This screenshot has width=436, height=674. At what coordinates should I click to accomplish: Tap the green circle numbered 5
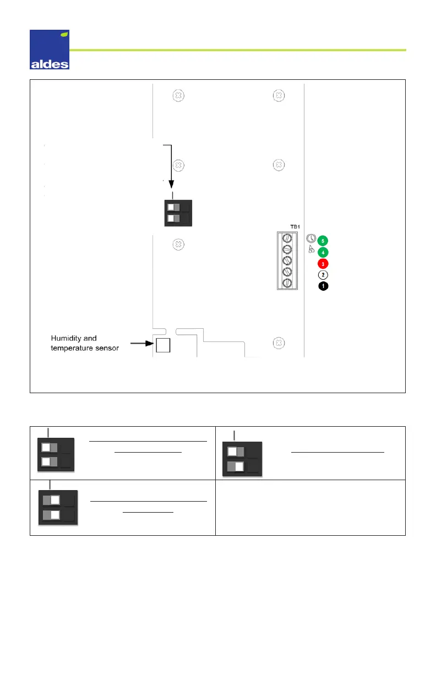click(323, 240)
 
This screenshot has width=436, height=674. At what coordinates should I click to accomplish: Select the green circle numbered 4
click(323, 252)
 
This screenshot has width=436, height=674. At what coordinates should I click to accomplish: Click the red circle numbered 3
click(323, 263)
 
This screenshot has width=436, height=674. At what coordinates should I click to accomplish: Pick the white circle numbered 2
click(323, 275)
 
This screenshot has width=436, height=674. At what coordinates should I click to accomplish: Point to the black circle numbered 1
click(323, 286)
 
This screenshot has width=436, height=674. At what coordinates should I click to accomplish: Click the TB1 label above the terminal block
click(286, 227)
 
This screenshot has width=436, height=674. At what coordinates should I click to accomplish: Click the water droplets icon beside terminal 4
click(311, 251)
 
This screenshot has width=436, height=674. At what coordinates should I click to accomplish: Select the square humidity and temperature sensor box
click(163, 345)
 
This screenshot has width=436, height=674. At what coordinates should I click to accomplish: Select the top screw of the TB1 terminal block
click(286, 238)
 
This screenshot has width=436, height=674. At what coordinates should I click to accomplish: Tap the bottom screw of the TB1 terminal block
click(286, 283)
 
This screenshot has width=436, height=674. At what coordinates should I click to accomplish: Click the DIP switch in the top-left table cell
click(56, 454)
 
